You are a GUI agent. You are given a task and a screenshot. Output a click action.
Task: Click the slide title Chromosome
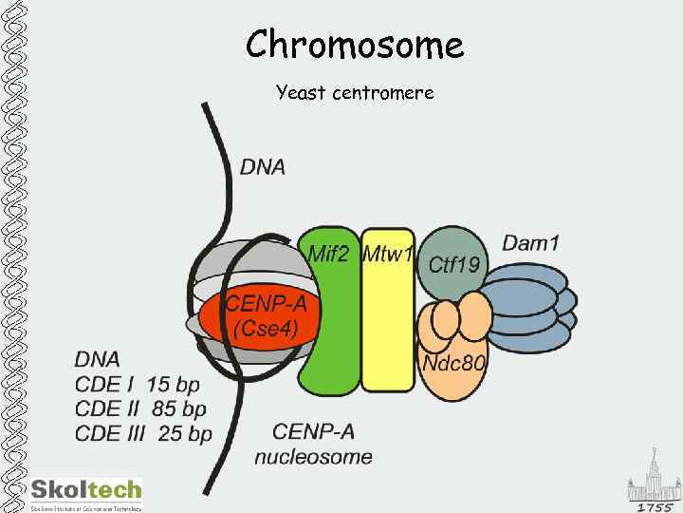click(355, 45)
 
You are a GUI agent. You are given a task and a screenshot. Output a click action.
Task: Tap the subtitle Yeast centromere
click(355, 93)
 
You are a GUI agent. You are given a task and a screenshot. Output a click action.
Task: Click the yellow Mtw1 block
click(388, 332)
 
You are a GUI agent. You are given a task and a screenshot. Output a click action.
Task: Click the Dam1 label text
click(530, 243)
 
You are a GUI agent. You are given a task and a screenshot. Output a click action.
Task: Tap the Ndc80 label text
click(453, 364)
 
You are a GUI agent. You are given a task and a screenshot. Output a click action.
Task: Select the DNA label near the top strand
click(263, 167)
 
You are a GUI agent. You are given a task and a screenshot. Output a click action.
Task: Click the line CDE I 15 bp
click(138, 385)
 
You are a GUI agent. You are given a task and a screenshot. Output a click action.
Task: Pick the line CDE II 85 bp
click(140, 409)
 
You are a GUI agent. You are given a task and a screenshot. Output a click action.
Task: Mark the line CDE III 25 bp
click(143, 434)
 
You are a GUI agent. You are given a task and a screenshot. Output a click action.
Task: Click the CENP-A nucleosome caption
click(313, 445)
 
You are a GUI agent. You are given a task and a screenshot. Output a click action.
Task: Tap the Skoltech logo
click(85, 491)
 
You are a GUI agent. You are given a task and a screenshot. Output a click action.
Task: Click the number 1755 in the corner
click(655, 506)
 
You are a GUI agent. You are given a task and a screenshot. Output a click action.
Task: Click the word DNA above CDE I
click(98, 360)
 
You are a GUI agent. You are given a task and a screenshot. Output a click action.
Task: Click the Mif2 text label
click(329, 254)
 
